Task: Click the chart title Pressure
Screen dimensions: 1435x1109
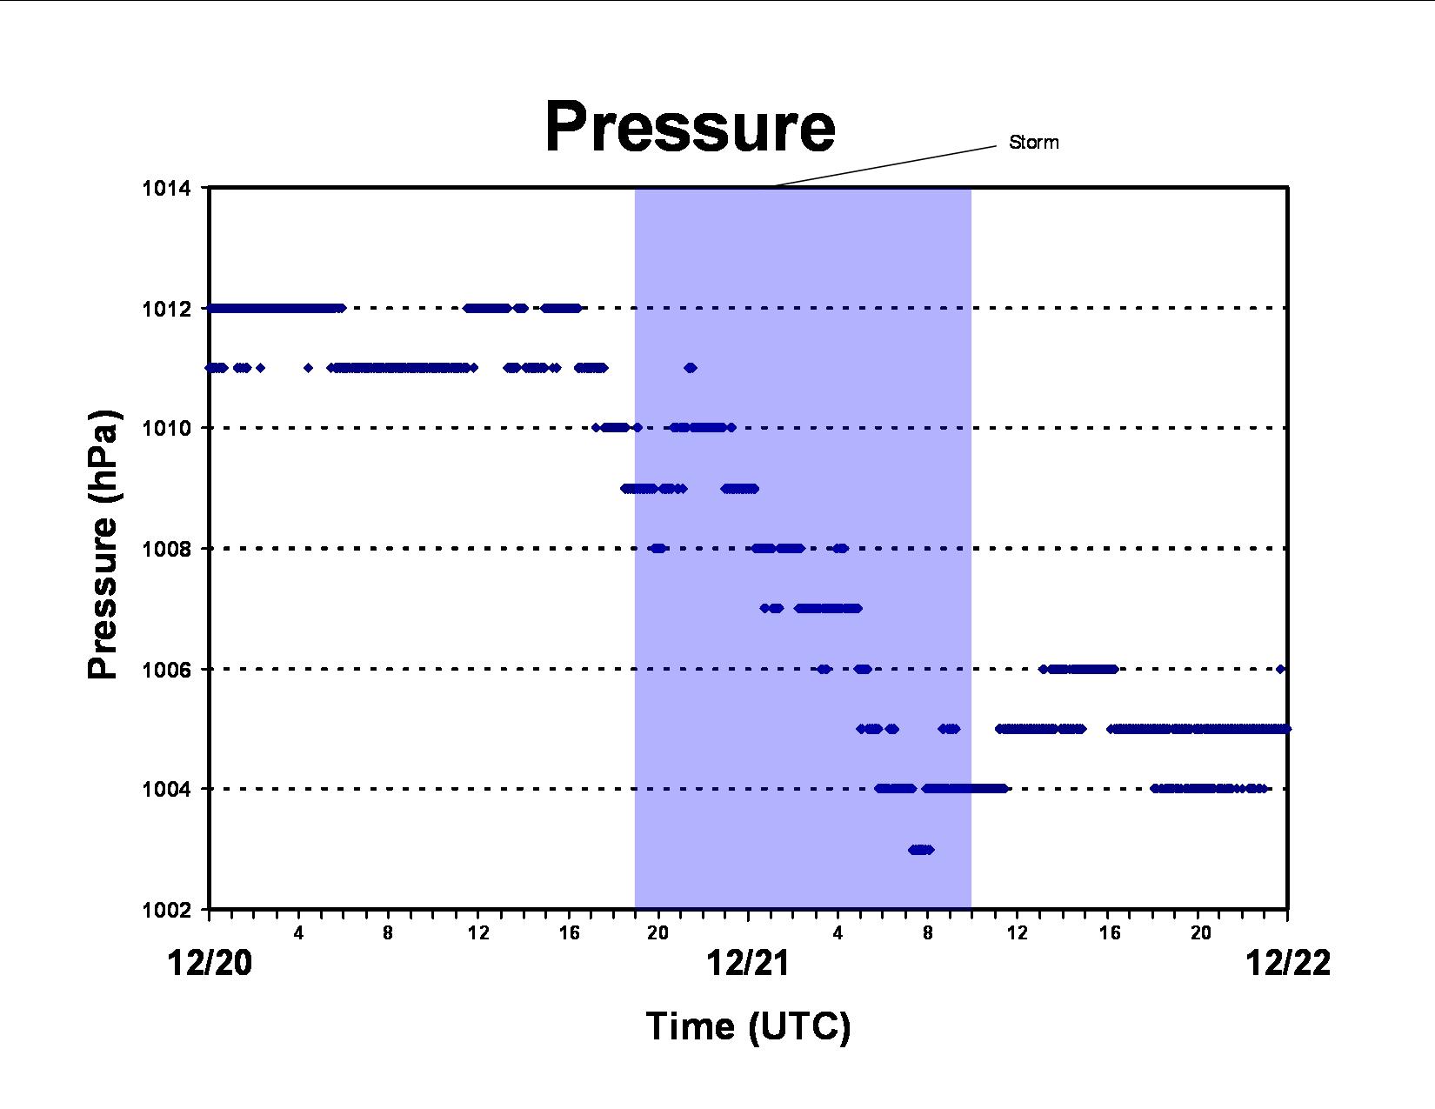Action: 690,127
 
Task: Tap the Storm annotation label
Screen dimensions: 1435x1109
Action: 1033,142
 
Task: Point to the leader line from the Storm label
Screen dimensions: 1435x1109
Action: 884,166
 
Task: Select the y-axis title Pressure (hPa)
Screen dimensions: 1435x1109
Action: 103,544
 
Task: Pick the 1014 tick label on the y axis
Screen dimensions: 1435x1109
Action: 166,189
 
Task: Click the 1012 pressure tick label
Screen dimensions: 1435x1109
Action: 166,309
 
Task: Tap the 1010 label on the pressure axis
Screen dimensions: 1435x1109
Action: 166,429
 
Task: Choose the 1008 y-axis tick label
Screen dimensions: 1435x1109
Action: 166,549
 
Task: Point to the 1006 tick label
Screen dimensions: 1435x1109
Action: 166,670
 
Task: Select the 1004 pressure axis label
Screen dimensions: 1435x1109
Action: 166,789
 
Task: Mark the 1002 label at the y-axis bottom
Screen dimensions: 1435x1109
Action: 166,910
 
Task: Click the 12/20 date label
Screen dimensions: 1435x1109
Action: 210,962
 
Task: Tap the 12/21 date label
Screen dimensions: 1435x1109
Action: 748,962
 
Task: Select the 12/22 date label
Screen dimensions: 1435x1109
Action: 1288,962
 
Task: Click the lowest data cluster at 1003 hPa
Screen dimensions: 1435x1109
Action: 921,850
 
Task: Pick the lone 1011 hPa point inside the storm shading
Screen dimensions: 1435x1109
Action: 691,368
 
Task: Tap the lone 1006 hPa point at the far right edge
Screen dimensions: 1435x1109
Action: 1280,669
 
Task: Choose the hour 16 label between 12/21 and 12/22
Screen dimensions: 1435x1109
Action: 1110,932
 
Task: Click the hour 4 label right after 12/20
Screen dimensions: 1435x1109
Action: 298,932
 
